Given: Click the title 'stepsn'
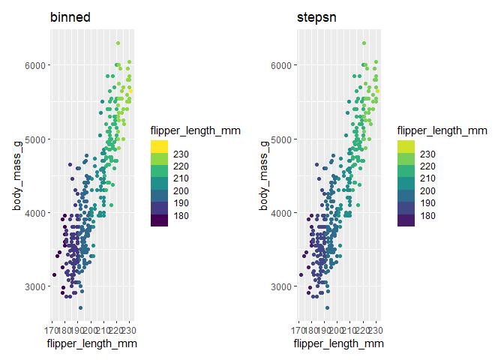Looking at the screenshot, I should (316, 17).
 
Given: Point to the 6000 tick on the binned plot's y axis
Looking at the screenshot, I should (34, 65).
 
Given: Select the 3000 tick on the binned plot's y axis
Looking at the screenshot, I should (34, 286).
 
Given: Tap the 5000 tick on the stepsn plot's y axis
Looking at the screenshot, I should (282, 139).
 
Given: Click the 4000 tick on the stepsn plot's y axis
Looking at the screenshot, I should (282, 213).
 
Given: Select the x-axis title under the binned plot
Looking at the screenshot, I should (91, 344).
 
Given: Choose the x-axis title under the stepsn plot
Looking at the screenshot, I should (339, 344).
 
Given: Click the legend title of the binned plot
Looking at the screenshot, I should (195, 130).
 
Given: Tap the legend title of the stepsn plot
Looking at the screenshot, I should (442, 130).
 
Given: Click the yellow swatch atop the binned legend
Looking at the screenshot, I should (160, 146).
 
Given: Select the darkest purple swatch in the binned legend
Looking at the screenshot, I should (160, 220).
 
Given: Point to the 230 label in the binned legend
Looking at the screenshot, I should (182, 153).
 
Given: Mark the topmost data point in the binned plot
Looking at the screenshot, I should (118, 43).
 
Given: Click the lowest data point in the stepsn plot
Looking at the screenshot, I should (328, 307).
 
